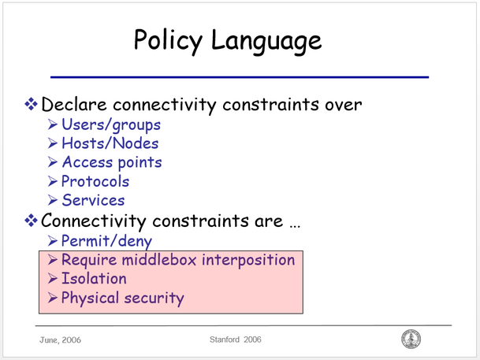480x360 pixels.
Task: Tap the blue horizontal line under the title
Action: pos(240,76)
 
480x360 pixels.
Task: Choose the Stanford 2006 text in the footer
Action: pos(236,340)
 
